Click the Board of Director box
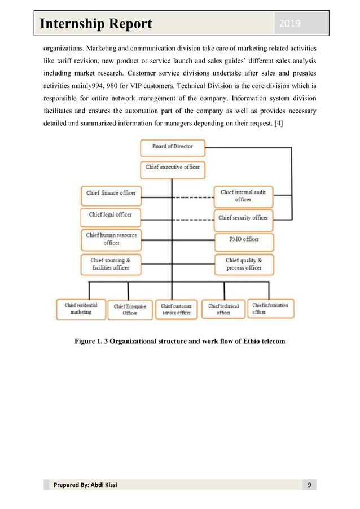[x=172, y=147]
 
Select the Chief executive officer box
[x=172, y=168]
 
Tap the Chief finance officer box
[x=111, y=193]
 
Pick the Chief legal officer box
[x=110, y=214]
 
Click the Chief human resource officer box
[x=111, y=238]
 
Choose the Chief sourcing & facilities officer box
[x=111, y=264]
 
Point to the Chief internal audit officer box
[x=243, y=195]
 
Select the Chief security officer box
[x=243, y=217]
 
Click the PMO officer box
[x=243, y=239]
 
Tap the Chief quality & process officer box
[x=243, y=264]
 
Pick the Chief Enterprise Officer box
[x=130, y=309]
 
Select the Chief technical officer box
[x=223, y=309]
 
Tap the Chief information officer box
[x=270, y=309]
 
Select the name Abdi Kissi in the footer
[x=103, y=485]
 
